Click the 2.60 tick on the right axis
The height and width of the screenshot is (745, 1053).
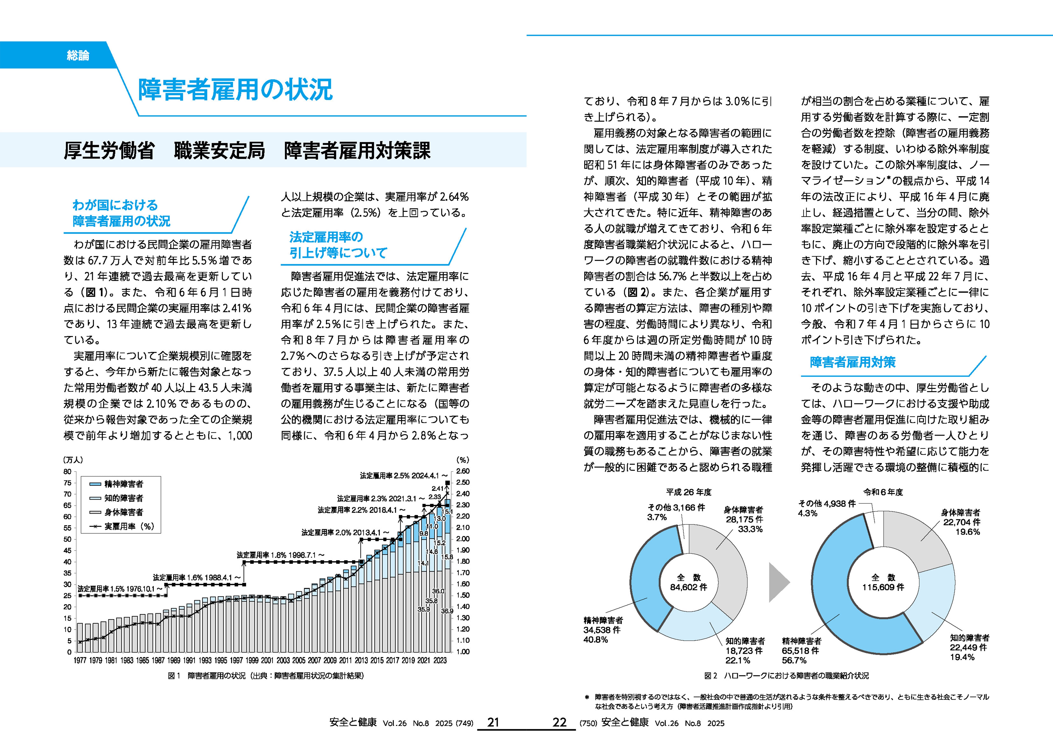pos(463,471)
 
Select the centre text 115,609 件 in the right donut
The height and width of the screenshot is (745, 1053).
pos(883,587)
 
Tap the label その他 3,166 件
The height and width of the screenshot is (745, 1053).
pos(676,507)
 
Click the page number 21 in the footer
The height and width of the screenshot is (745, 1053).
pos(493,722)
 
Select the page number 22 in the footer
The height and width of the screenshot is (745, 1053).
pos(560,722)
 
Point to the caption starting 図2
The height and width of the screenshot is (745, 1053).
pos(786,676)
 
